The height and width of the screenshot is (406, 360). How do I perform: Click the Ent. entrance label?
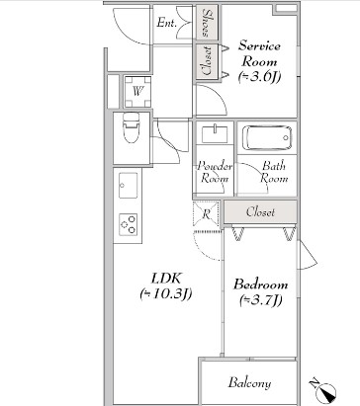167,23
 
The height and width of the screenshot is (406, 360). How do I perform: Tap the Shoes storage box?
207,23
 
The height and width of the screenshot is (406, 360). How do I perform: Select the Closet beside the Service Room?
207,61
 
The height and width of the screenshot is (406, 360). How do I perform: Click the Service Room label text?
259,53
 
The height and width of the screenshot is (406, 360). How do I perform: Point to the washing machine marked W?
137,91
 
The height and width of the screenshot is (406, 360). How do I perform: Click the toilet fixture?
131,127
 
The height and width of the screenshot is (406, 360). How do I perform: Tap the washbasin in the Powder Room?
215,133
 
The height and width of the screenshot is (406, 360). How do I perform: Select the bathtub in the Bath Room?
267,138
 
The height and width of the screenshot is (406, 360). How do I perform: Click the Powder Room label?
215,172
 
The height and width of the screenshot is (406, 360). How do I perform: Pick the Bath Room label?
274,172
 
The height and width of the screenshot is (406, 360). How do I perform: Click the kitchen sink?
128,186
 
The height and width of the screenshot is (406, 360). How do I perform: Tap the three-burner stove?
129,224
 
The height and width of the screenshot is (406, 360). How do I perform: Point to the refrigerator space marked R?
206,214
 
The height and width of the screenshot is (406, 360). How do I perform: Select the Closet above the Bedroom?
261,212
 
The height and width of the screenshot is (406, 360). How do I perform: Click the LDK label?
166,279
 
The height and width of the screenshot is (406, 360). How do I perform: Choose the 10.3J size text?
166,294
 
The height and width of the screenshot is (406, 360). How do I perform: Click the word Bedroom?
260,284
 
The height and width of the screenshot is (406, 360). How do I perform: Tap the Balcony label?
249,383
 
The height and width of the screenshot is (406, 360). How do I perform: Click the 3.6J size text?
259,77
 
